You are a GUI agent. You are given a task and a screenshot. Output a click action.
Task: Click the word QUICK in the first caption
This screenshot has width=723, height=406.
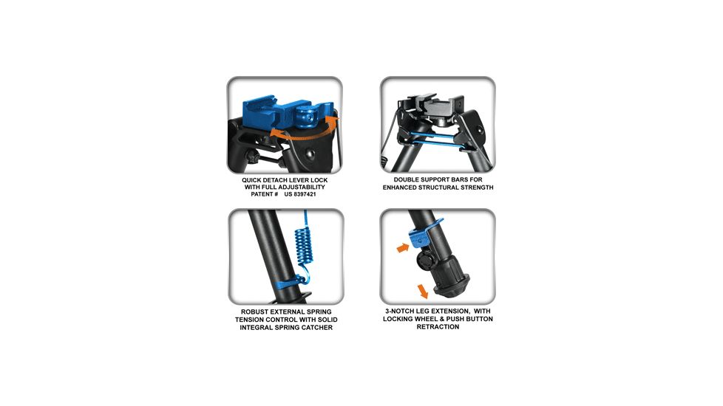tap(252, 180)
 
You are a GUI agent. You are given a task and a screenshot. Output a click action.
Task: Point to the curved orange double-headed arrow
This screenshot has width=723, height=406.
tap(305, 135)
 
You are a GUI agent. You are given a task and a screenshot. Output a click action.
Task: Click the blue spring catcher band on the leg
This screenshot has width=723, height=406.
tap(287, 282)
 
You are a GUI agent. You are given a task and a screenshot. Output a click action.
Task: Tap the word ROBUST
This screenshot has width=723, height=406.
tap(254, 312)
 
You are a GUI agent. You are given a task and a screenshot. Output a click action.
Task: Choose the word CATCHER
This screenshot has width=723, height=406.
tap(316, 327)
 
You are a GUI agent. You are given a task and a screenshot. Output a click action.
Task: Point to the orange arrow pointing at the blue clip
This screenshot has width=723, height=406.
tap(403, 247)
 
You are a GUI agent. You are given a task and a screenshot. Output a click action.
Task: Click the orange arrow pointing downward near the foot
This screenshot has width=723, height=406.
tap(422, 292)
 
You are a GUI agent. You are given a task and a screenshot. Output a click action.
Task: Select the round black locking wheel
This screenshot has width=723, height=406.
tap(424, 261)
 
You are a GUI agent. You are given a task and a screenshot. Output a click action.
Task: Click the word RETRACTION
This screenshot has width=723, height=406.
tap(438, 327)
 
